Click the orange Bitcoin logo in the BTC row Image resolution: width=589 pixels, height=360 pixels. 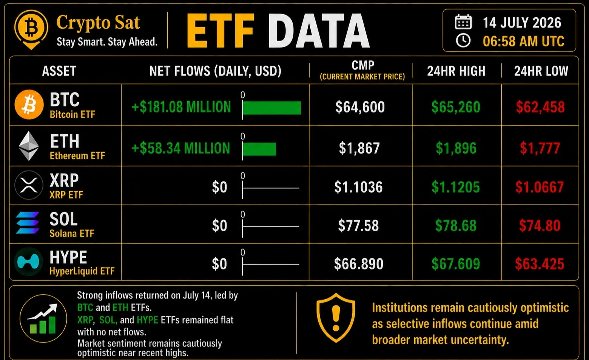pos(29,105)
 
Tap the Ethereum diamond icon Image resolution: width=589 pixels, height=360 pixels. pos(29,146)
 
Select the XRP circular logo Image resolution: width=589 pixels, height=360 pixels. pos(29,185)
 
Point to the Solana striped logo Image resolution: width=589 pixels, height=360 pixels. pos(28,223)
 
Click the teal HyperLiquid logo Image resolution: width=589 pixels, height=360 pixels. pos(28,262)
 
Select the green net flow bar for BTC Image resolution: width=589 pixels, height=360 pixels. pos(271,108)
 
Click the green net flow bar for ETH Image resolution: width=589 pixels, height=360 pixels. pos(259,149)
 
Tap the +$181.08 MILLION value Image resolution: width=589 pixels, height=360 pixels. pos(181,107)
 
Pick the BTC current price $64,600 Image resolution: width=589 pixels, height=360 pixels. pos(360,107)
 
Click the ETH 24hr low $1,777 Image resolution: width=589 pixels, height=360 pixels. pos(540,148)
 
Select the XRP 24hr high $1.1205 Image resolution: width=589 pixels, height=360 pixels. pos(456,187)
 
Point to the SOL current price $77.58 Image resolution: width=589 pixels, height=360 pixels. pos(358,225)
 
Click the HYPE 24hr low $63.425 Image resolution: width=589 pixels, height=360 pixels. pos(540,264)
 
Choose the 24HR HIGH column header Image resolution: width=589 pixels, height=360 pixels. pos(456,71)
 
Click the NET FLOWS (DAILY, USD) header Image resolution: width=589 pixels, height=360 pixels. pos(215,71)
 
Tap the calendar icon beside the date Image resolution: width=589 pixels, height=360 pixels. pos(463,22)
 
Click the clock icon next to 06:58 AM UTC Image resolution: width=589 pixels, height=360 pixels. pos(463,40)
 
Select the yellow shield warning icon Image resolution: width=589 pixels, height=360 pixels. pos(336,318)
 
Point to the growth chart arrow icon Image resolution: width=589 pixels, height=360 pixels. pos(43,318)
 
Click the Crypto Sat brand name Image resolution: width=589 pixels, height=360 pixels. pos(98,23)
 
